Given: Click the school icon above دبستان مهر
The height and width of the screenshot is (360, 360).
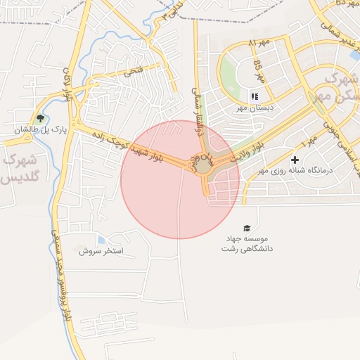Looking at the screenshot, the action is click(255, 96).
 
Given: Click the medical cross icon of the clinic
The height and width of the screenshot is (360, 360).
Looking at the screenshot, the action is click(295, 160).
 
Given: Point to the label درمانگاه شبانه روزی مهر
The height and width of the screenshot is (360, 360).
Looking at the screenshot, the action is click(289, 171).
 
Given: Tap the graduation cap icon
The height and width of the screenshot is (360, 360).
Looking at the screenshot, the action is click(247, 228).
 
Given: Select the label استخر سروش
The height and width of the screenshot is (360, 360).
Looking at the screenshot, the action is click(101, 250).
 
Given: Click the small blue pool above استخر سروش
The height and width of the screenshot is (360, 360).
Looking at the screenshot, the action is click(102, 240).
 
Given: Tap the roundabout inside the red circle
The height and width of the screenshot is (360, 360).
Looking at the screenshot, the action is click(203, 167).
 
